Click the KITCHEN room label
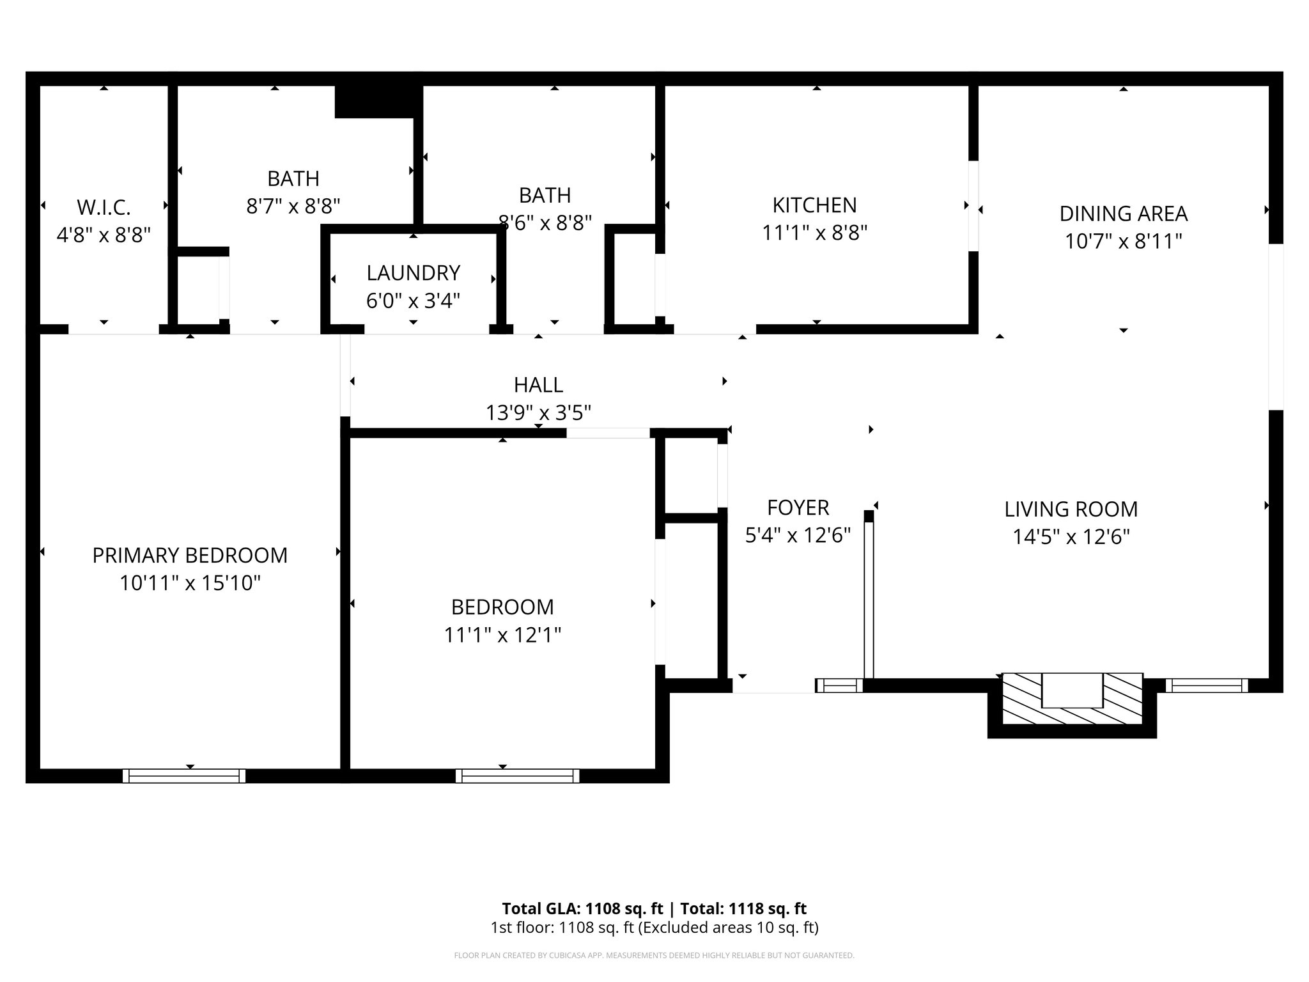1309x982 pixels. tap(814, 205)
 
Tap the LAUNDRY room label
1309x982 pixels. tap(413, 273)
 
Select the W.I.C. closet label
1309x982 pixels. tap(104, 207)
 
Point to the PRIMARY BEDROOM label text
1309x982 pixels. tap(190, 556)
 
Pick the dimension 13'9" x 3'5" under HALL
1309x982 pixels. tap(538, 413)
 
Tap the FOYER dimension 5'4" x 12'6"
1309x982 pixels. tap(798, 535)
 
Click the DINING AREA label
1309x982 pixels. tap(1123, 214)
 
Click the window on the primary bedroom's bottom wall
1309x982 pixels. tap(184, 776)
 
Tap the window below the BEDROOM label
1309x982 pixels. tap(517, 776)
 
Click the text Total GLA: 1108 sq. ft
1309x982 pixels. tap(582, 908)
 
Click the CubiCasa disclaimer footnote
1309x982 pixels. tap(654, 956)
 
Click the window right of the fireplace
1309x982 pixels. tap(1206, 686)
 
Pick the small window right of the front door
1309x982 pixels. tap(839, 686)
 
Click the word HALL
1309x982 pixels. tap(538, 385)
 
